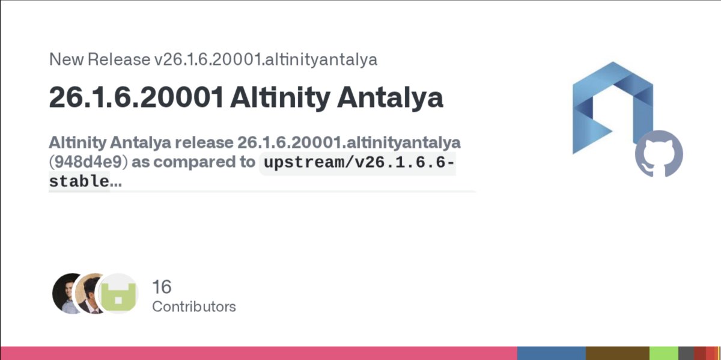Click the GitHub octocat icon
[659, 153]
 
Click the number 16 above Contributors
[162, 287]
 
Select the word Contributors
[193, 307]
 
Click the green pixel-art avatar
[118, 294]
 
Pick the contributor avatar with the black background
[67, 293]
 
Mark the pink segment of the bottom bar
[258, 353]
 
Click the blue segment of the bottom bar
[551, 353]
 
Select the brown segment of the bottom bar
[617, 353]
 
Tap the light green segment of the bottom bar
[664, 353]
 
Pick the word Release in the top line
[118, 59]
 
